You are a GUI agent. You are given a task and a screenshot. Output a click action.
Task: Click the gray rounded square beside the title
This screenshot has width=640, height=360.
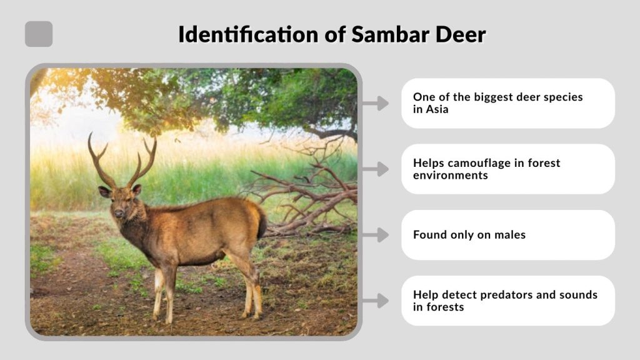pyautogui.click(x=39, y=34)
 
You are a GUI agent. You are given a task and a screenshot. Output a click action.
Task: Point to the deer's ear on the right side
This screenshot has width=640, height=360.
pyautogui.click(x=137, y=189)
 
